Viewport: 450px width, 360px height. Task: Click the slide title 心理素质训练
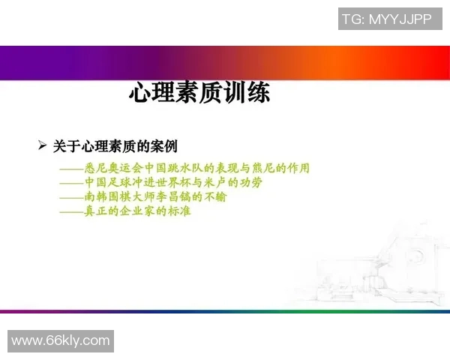tap(199, 93)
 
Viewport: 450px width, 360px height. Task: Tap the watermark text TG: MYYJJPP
tap(386, 19)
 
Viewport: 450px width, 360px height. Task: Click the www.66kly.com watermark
tap(61, 340)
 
